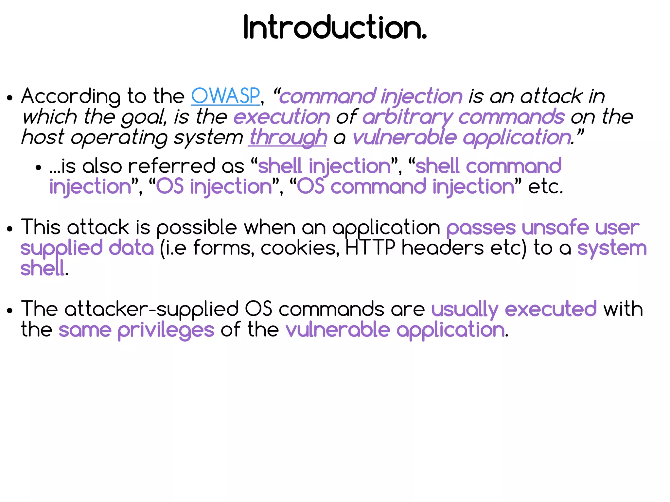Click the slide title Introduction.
[335, 27]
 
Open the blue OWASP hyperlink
[225, 96]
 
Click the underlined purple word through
[288, 137]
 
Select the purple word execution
[282, 117]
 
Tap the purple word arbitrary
[407, 117]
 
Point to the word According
[71, 96]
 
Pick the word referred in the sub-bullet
[172, 166]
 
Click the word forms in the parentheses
[223, 248]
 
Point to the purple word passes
[481, 228]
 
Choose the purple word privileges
[166, 330]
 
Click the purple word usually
[465, 309]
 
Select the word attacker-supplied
[152, 309]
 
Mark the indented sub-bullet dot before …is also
[38, 168]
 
